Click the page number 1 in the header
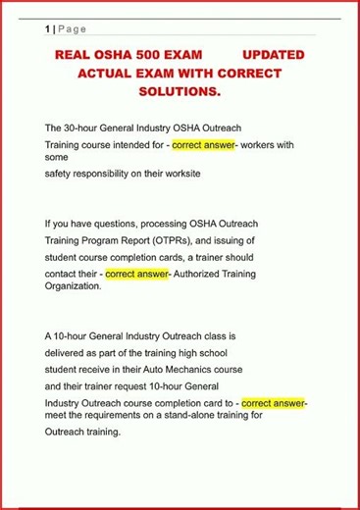pyautogui.click(x=48, y=29)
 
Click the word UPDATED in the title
pyautogui.click(x=273, y=55)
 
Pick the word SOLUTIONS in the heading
pyautogui.click(x=178, y=91)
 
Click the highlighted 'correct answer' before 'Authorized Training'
pyautogui.click(x=136, y=273)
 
